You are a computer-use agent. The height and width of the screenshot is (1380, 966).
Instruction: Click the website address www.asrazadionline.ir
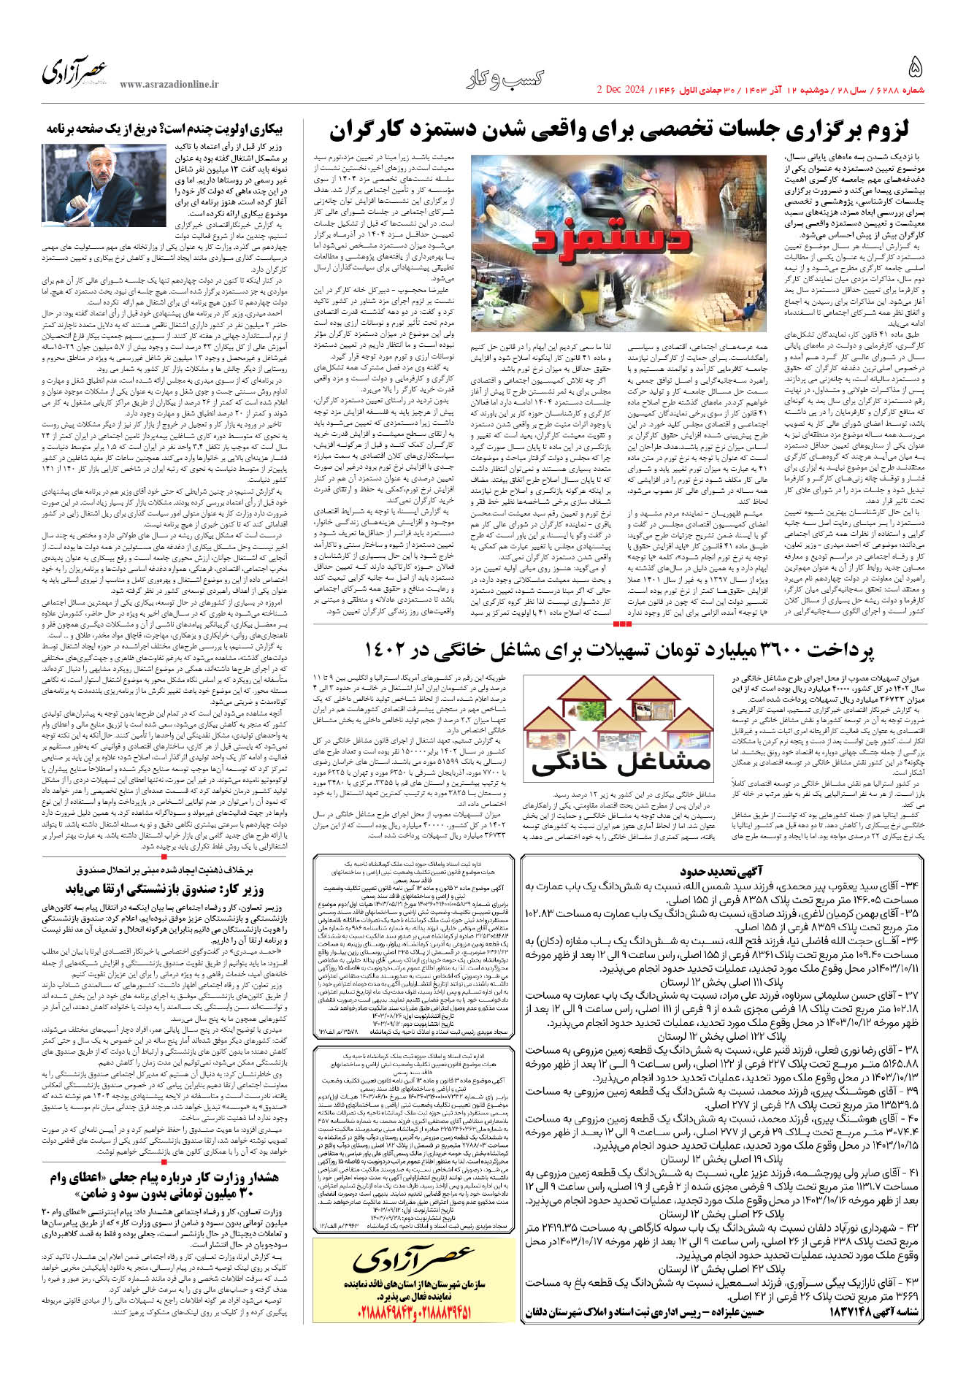[x=169, y=85]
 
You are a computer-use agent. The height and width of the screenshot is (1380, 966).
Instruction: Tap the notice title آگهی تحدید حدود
[x=722, y=871]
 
